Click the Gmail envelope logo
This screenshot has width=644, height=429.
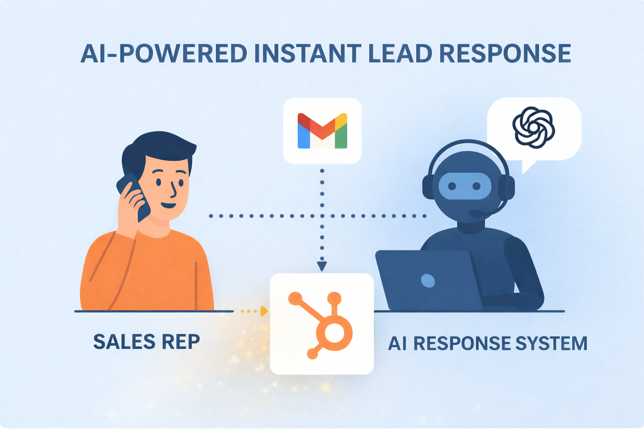(x=322, y=131)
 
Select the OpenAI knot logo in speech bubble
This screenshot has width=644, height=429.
(x=533, y=127)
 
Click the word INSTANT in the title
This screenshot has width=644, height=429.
(x=307, y=54)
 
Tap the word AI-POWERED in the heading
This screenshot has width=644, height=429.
(x=164, y=54)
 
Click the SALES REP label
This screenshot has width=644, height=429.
(x=146, y=342)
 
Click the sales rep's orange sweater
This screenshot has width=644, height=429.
(x=147, y=272)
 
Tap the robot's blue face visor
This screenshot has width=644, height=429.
(x=464, y=186)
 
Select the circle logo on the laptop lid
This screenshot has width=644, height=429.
(x=428, y=280)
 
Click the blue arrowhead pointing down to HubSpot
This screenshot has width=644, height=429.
(x=322, y=266)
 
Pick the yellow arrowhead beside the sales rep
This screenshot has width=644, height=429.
(x=264, y=311)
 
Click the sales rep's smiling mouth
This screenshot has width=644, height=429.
(x=169, y=205)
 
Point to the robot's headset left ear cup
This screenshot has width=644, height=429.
(x=428, y=187)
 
